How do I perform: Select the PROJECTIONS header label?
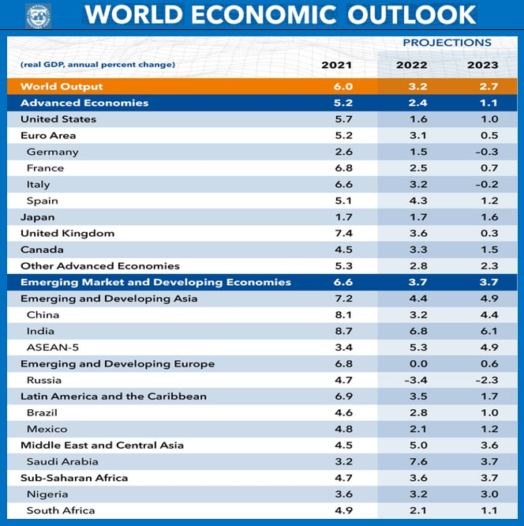coord(447,43)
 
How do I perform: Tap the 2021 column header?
coord(337,65)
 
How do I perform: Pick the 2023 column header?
coord(483,65)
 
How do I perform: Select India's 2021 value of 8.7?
coord(345,331)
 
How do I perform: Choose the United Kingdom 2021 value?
coord(345,233)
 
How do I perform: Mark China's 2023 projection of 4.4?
coord(489,315)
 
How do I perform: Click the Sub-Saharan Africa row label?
coord(74,478)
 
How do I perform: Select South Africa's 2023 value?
coord(489,510)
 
